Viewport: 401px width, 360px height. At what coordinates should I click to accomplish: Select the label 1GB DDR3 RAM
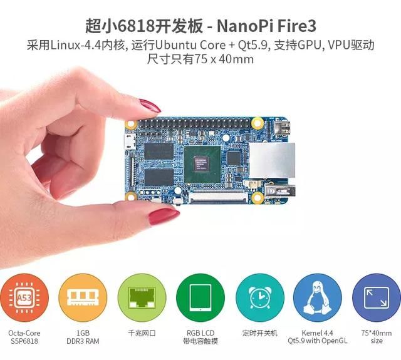[x=81, y=337]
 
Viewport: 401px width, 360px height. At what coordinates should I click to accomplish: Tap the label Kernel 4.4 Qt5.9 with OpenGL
[x=317, y=337]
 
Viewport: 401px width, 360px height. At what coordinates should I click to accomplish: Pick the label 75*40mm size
[x=376, y=337]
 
